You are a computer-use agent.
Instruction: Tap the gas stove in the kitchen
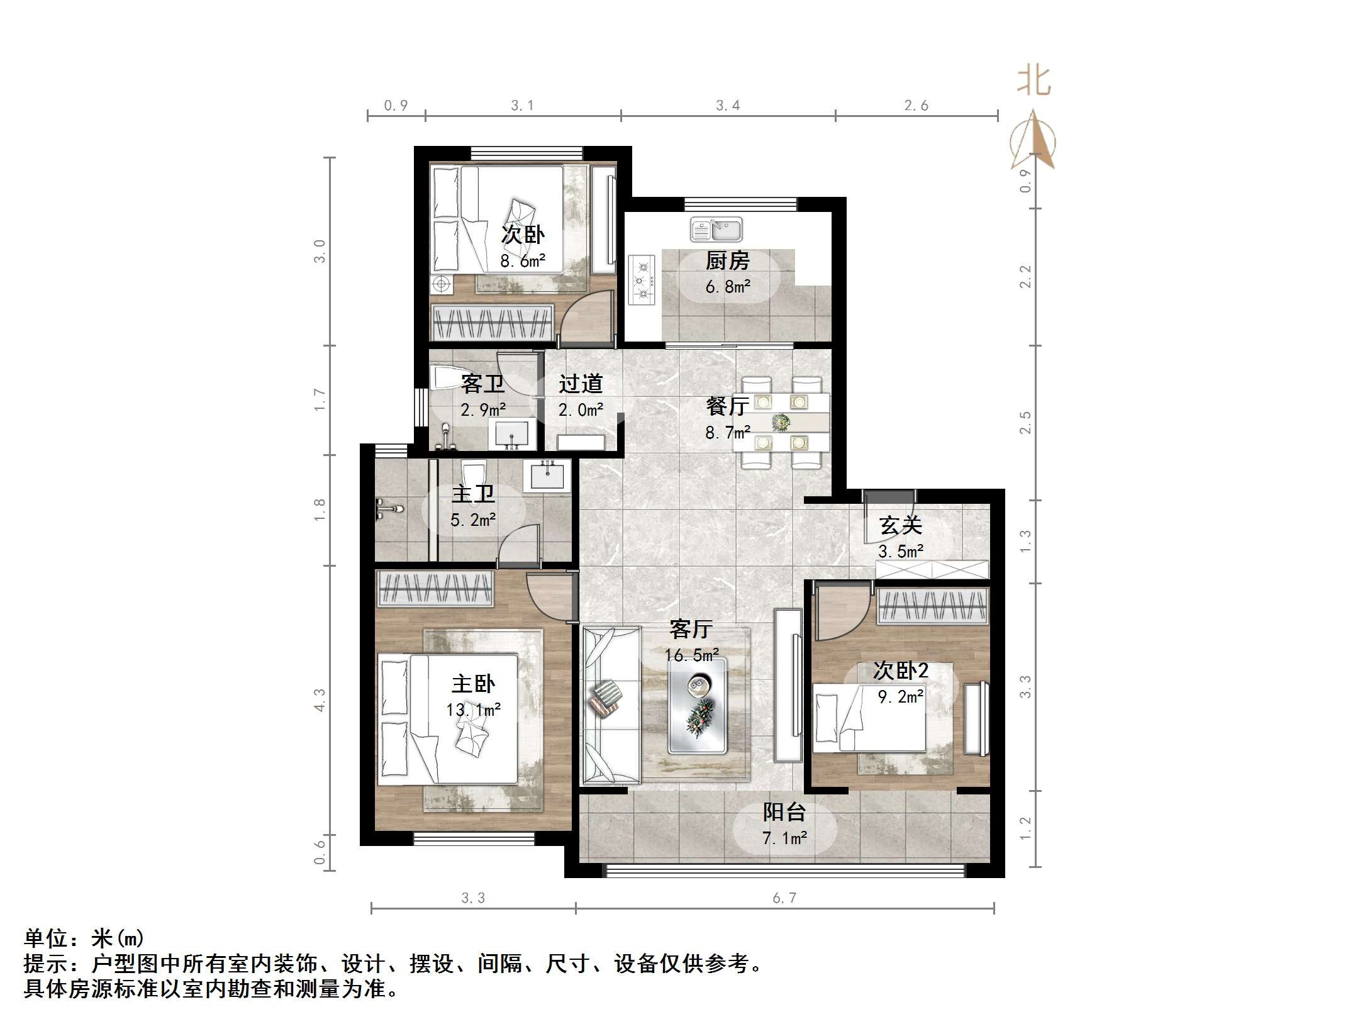click(642, 281)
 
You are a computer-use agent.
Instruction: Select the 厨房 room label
click(727, 260)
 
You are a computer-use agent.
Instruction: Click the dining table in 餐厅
click(781, 421)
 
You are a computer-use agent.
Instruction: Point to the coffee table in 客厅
click(697, 705)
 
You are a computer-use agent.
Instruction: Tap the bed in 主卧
click(448, 719)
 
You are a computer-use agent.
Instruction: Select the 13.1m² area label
click(473, 710)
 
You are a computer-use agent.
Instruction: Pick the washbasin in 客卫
click(513, 435)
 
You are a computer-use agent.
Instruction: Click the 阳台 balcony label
click(784, 812)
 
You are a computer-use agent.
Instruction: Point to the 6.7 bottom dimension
click(784, 898)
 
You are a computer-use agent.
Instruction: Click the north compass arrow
click(1033, 142)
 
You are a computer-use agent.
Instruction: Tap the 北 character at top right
click(1034, 82)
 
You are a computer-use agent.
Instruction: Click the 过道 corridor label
click(581, 384)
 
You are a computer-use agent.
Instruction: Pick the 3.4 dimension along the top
click(727, 106)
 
